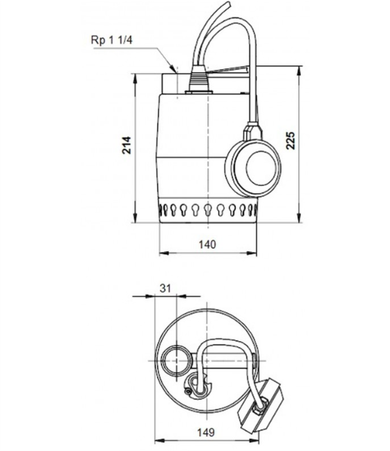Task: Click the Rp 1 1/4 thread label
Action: pyautogui.click(x=111, y=40)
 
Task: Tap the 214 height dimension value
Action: pyautogui.click(x=126, y=145)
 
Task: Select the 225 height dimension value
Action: pyautogui.click(x=290, y=140)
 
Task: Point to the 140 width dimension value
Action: pyautogui.click(x=207, y=244)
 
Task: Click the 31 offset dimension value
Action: pyautogui.click(x=165, y=288)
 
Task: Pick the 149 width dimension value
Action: pyautogui.click(x=205, y=432)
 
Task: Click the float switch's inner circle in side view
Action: pyautogui.click(x=261, y=167)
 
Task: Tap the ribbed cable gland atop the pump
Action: pyautogui.click(x=198, y=79)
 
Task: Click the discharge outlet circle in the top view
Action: pyautogui.click(x=176, y=361)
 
